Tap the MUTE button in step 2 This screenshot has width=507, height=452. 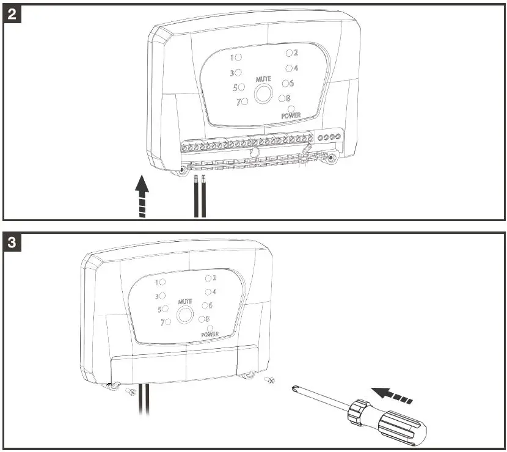coord(264,93)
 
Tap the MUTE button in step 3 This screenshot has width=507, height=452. coord(184,315)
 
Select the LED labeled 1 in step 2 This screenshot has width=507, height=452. coord(239,57)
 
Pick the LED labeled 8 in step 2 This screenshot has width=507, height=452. coord(282,98)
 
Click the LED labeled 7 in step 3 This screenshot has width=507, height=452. coord(167,322)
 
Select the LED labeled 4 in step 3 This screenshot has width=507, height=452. coord(208,292)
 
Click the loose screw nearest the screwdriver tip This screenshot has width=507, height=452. coord(271,382)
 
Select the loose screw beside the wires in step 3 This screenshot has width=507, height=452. coord(130,392)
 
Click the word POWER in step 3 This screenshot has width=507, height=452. coord(210,335)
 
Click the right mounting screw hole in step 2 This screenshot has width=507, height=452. coord(332,159)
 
